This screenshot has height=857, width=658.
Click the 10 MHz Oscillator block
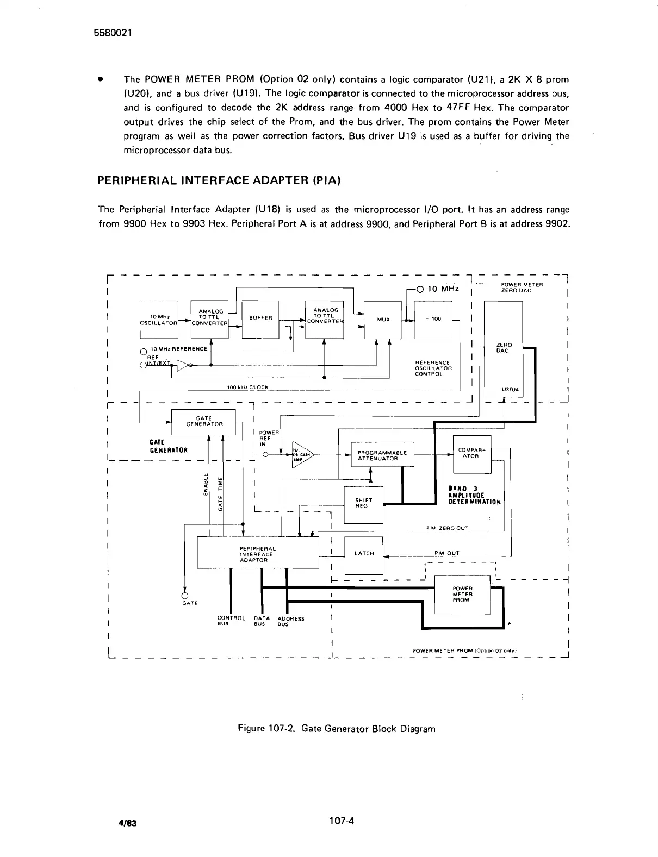pos(159,319)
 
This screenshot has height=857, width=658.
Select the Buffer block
pos(260,319)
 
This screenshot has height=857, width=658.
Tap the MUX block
pos(383,319)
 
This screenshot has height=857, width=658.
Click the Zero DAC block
pos(503,348)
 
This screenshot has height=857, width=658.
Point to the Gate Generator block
pos(204,421)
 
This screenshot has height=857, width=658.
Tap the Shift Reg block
pos(363,503)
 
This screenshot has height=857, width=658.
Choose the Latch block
pos(364,554)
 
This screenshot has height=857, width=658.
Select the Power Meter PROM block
pos(463,594)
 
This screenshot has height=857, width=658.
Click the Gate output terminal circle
pos(185,595)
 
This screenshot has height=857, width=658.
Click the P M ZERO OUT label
pos(447,528)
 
